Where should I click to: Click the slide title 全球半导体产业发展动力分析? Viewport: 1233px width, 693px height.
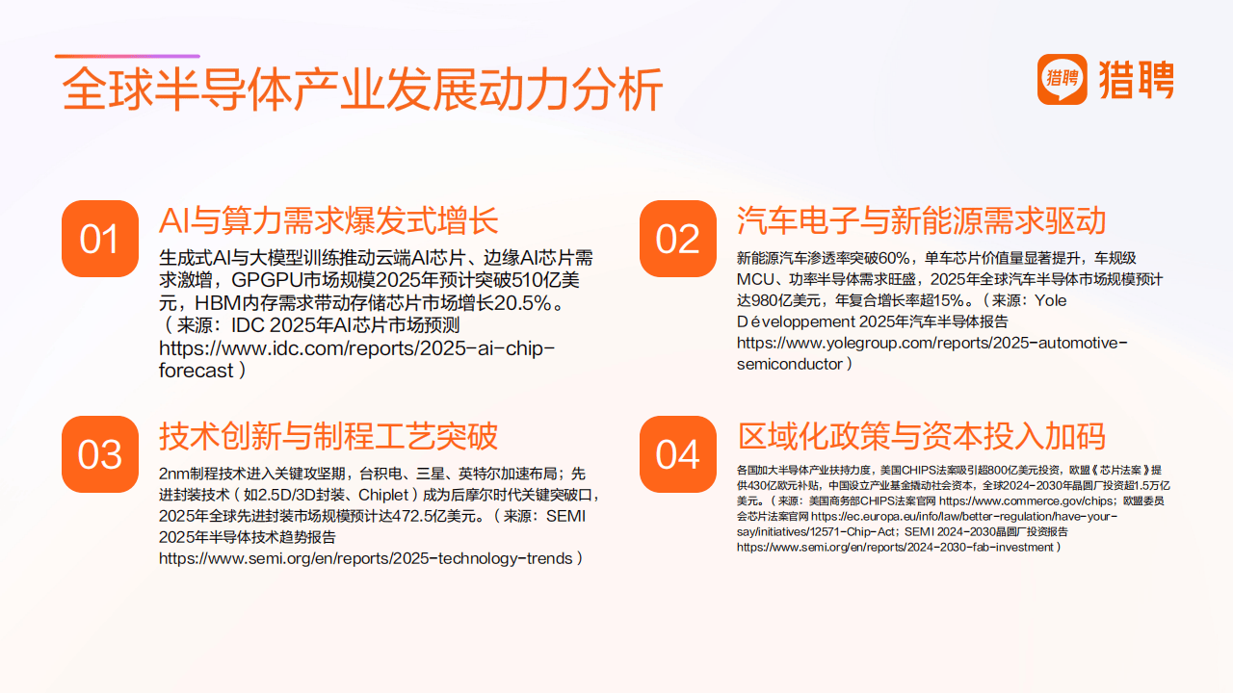point(362,90)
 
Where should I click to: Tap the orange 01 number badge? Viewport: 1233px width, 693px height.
point(100,239)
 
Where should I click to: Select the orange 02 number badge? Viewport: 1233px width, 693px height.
point(678,239)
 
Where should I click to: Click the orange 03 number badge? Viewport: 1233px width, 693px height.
point(100,454)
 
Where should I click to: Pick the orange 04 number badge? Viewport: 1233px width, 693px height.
point(678,454)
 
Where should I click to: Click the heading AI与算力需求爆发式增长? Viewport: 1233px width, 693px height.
point(328,220)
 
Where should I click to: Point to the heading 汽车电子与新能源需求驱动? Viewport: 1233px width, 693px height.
point(922,220)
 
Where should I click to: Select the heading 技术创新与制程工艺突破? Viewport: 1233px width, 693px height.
point(328,436)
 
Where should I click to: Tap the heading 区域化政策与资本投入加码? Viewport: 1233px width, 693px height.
point(922,436)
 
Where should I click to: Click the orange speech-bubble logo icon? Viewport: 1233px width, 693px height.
point(1062,79)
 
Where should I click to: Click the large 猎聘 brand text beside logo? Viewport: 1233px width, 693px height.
point(1136,80)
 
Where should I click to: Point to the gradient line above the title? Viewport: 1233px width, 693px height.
point(127,56)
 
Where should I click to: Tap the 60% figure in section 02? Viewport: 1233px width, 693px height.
point(895,258)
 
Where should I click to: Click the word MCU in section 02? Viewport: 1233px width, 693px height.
point(755,279)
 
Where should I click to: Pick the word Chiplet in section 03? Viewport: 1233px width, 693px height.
point(383,495)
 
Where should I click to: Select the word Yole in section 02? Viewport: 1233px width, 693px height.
point(1050,300)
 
